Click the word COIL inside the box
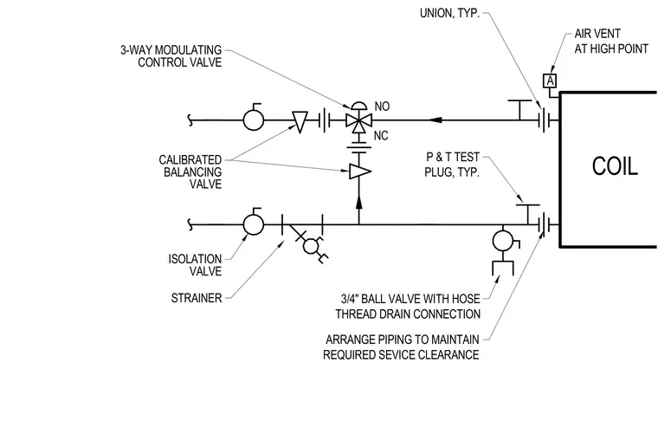(x=615, y=166)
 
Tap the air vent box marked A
(x=550, y=81)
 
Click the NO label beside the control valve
(x=382, y=107)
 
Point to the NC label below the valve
(x=381, y=136)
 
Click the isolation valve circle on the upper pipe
(x=254, y=120)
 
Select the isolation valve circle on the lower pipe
(x=254, y=224)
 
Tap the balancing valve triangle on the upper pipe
(x=300, y=122)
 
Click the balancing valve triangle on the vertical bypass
(x=360, y=172)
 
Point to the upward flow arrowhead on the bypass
(x=358, y=202)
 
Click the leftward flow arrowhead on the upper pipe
(x=435, y=120)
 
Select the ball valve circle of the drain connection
(x=503, y=241)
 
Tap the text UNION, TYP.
(x=449, y=14)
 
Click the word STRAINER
(x=197, y=298)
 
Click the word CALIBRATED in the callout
(x=190, y=160)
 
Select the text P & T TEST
(x=453, y=157)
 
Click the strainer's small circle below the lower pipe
(x=311, y=246)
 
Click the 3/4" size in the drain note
(x=349, y=299)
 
